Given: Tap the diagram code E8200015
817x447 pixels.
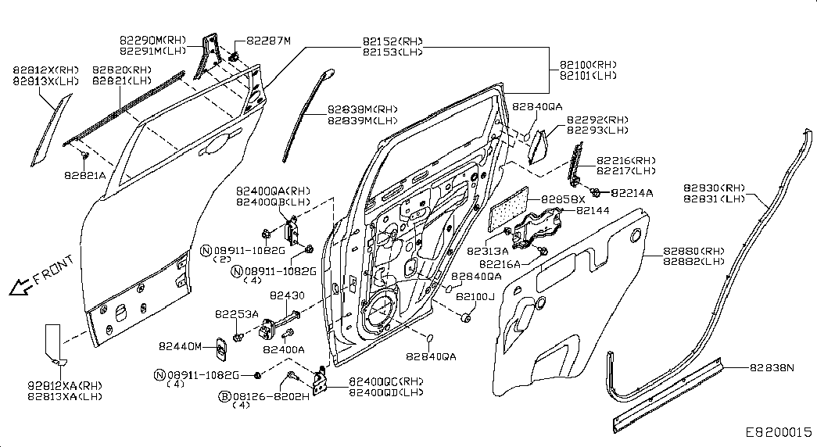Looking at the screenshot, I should tap(778, 432).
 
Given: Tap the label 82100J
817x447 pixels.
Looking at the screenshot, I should tap(477, 297).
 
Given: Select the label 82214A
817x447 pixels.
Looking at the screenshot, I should tap(631, 192).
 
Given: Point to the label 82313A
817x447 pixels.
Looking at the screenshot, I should tap(488, 251).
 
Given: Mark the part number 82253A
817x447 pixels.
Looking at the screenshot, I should tap(236, 313).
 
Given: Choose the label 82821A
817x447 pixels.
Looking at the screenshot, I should tap(84, 175).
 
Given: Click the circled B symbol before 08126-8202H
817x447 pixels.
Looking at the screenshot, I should tap(224, 397).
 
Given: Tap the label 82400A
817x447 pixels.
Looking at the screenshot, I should tap(283, 349).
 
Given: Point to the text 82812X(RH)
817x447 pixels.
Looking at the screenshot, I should tap(45, 70).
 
